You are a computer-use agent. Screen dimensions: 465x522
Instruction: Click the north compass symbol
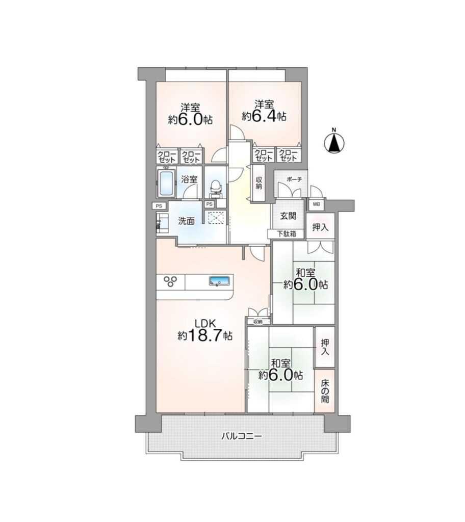click(x=334, y=143)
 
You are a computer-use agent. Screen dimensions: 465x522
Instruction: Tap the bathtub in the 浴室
click(x=166, y=184)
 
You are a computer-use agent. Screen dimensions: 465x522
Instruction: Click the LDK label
click(x=206, y=324)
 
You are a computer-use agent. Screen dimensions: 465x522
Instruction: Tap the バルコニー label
click(x=242, y=436)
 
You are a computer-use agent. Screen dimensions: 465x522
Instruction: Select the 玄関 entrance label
click(x=288, y=216)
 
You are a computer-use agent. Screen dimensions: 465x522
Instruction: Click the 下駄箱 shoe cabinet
click(x=286, y=234)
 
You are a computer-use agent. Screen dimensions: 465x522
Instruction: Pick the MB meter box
click(x=316, y=204)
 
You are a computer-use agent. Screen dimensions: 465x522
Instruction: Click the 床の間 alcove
click(x=325, y=391)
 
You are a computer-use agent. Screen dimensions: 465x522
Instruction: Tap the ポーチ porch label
click(x=294, y=179)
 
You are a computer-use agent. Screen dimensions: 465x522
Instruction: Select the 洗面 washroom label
click(x=186, y=221)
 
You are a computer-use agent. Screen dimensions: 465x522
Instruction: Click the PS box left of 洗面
click(x=159, y=206)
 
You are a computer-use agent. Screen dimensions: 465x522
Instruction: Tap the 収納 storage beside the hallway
click(x=259, y=184)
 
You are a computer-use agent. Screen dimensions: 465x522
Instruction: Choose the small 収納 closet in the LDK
click(x=258, y=322)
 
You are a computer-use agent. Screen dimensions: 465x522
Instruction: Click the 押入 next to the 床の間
click(x=324, y=347)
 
